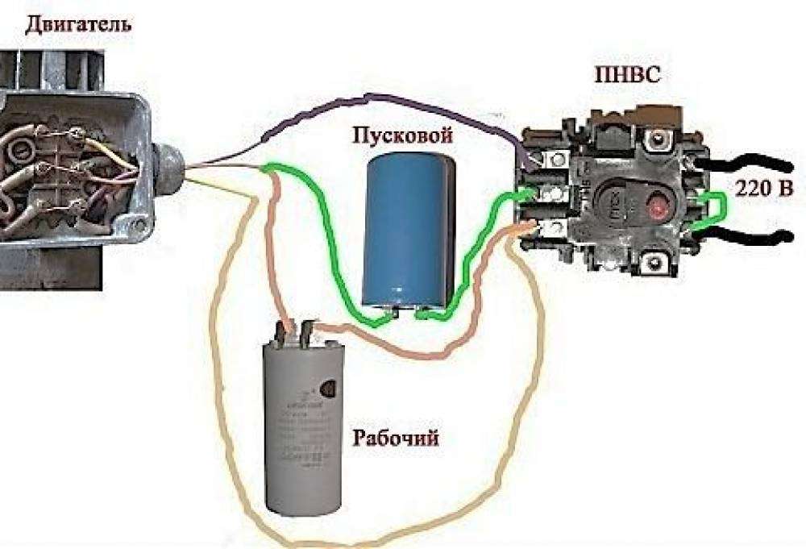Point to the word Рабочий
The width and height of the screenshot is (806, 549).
tap(397, 439)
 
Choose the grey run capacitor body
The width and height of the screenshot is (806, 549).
tap(302, 427)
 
